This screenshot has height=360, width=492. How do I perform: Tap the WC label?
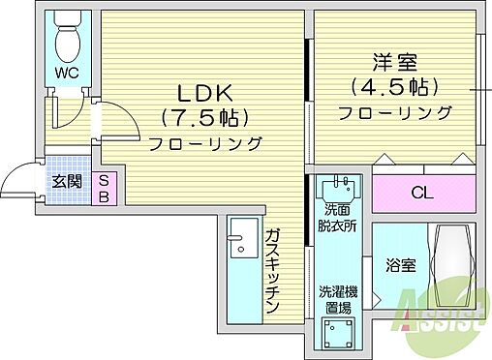[66, 74]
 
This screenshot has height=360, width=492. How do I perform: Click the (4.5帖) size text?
[394, 87]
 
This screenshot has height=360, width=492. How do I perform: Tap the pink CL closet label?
[421, 193]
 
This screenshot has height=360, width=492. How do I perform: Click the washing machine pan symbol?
[338, 336]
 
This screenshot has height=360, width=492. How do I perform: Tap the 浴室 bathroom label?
[400, 265]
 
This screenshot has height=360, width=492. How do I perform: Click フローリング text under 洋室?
[394, 112]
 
